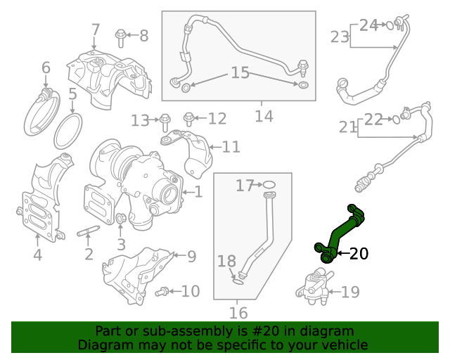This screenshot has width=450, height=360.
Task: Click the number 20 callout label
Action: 359,253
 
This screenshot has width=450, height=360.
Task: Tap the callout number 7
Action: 96,30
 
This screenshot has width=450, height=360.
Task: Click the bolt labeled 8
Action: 122,34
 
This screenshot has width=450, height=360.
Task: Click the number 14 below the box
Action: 264,115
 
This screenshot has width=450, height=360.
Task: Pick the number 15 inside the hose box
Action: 240,72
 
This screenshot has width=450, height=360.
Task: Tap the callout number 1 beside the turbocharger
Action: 198,191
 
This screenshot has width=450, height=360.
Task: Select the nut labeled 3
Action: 121,219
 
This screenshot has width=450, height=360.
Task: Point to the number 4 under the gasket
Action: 37,255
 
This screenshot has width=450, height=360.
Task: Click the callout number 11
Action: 231,147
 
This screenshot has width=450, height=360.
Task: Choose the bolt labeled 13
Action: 165,120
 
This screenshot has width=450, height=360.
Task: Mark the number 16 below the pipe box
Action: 238,313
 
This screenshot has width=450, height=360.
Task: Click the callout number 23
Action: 340,36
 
